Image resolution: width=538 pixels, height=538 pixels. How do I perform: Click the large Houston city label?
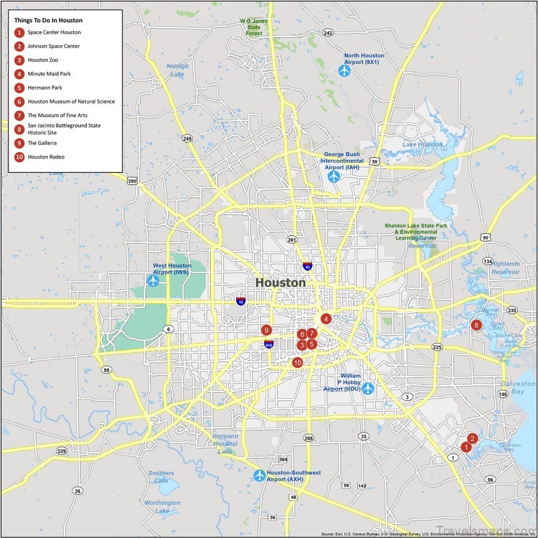point(280,283)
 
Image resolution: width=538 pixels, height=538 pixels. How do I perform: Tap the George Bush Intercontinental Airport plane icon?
point(334,176)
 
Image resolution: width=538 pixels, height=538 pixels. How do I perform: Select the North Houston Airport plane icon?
point(345,69)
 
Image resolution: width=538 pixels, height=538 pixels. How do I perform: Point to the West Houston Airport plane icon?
point(153,280)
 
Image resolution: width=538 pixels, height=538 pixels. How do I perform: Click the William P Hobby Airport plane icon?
point(368,388)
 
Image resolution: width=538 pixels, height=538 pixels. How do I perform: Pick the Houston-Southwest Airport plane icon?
point(260,475)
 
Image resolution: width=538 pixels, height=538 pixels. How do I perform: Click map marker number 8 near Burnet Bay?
point(476,325)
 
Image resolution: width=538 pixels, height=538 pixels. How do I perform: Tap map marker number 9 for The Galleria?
point(267,330)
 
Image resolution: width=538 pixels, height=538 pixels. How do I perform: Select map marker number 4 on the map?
point(326,319)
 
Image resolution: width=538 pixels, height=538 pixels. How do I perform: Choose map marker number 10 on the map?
point(297,362)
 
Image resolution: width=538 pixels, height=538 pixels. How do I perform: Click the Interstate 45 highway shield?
point(307,266)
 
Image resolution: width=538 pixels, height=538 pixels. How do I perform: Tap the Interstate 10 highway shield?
point(241,301)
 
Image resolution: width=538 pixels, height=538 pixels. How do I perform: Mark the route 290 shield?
point(132,181)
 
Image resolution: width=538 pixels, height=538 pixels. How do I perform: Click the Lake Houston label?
point(422,145)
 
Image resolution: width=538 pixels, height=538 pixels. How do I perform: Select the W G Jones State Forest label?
point(254,27)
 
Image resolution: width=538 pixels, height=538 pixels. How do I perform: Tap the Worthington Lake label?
point(162,506)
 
